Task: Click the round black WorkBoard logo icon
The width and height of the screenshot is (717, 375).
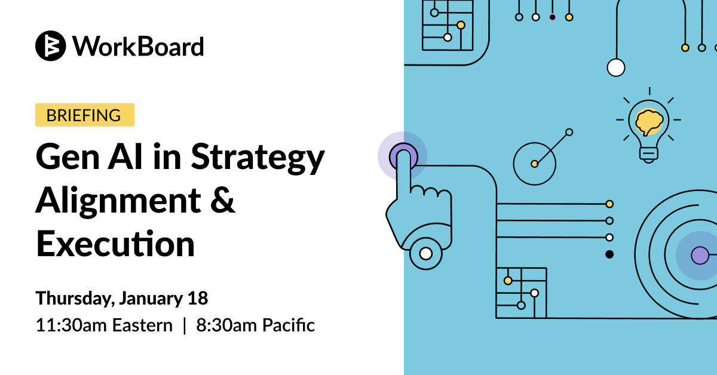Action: coord(51,46)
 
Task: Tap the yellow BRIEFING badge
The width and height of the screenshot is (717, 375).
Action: coord(85,115)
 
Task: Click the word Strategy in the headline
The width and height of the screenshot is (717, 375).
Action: coord(258,158)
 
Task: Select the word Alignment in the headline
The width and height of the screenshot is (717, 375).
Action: coord(118,202)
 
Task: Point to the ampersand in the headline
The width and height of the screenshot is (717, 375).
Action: coord(223,199)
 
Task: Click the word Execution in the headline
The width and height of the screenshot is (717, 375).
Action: coord(115,244)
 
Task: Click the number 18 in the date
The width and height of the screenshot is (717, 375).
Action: coord(198,298)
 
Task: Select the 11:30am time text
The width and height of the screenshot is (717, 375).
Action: coord(71,325)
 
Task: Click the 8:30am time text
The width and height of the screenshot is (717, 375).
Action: coord(226,325)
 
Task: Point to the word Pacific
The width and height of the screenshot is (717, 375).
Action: coord(289,325)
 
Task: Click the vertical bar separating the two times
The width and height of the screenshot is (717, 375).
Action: coord(185,325)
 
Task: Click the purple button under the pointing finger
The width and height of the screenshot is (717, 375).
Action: coord(403,156)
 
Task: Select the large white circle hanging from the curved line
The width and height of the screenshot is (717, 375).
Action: coord(616,68)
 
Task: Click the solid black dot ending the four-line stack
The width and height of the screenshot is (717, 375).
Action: coord(609,254)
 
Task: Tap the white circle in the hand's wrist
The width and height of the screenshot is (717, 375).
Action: coord(425,254)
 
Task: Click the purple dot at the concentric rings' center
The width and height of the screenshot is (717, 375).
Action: coord(700,256)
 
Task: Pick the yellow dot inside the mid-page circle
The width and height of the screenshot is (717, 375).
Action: coord(534,164)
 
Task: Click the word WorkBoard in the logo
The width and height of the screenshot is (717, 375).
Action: coord(138,47)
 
